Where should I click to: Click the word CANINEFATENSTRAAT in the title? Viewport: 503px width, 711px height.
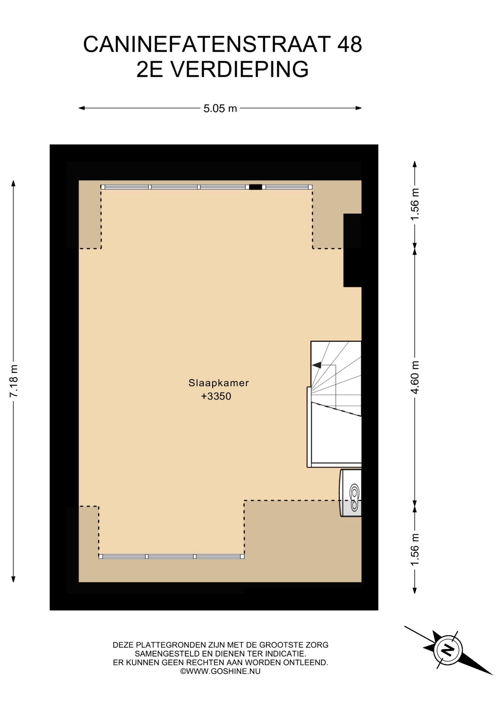pos(207,44)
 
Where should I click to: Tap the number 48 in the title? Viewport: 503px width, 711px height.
pos(349,44)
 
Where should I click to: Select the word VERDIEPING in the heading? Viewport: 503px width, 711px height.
pos(239,69)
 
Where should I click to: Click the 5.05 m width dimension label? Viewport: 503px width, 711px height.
pos(220,109)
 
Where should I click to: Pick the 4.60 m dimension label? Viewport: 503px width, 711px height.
pos(415,377)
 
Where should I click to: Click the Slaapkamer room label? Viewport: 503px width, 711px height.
pos(219,383)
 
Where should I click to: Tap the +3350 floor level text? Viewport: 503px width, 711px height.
pos(216,396)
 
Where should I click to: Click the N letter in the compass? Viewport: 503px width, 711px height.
pos(448,650)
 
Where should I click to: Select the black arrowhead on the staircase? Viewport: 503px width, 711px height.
pos(317,365)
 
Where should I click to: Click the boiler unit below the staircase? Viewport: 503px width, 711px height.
pos(351,493)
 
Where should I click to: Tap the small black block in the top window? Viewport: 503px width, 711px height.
pos(255,187)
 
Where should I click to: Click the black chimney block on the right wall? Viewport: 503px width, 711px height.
pos(352,250)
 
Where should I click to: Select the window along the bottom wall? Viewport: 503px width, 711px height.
pos(171,556)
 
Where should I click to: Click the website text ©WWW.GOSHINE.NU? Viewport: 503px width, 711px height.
pos(220,671)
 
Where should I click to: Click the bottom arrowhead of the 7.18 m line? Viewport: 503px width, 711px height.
pos(13,579)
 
